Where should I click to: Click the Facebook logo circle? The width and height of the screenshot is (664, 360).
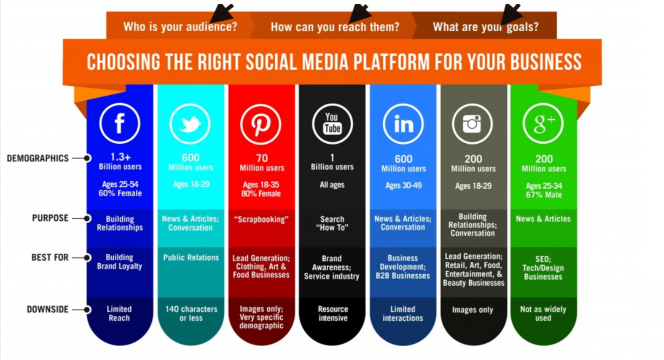click(120, 123)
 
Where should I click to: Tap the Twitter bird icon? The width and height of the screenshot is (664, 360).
click(190, 123)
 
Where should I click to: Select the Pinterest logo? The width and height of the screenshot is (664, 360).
click(261, 124)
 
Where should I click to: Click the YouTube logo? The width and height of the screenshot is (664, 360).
click(332, 124)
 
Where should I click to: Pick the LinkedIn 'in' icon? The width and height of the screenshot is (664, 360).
click(404, 124)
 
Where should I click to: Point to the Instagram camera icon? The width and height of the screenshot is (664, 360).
click(472, 124)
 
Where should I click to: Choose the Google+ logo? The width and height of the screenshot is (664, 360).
click(543, 123)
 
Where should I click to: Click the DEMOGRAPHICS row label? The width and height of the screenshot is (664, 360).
click(38, 158)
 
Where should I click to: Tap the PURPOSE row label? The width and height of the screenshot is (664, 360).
click(50, 218)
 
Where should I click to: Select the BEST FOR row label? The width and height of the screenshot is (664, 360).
click(50, 257)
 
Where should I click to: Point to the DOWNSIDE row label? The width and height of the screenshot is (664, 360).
click(47, 310)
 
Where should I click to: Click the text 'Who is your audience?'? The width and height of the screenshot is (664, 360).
click(180, 27)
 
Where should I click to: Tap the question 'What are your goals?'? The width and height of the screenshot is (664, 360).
click(486, 27)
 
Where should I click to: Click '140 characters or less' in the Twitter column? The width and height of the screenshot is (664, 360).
click(191, 313)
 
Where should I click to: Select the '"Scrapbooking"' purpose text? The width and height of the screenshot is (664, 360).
click(261, 219)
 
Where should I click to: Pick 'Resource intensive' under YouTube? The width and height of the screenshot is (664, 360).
click(333, 313)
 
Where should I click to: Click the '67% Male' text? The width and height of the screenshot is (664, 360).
click(544, 195)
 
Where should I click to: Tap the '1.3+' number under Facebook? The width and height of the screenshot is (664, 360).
click(120, 157)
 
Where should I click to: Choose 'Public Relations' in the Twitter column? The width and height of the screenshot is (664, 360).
click(191, 258)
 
